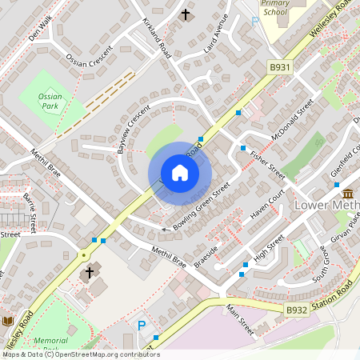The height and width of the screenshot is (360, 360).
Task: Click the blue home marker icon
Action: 180,172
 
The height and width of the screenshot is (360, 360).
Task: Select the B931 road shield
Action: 280,69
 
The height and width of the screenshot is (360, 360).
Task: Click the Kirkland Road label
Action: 157,36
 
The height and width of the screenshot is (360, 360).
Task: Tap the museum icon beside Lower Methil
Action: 348,194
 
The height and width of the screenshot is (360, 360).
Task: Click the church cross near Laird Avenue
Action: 186,14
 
